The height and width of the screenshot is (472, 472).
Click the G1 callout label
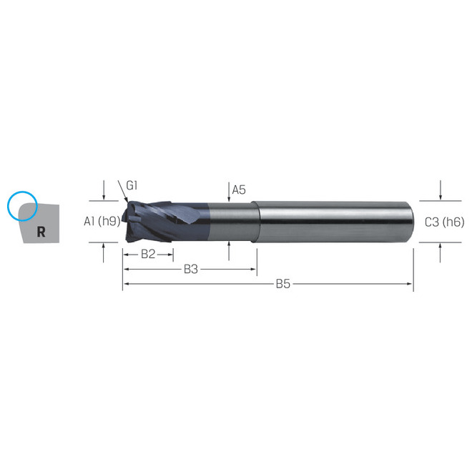(x=132, y=186)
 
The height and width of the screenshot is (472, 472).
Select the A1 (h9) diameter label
(x=99, y=222)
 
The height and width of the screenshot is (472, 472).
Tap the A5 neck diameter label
(x=239, y=190)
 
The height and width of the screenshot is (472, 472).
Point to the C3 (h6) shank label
(x=444, y=222)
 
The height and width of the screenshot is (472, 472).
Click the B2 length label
(x=148, y=253)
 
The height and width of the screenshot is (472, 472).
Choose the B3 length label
(x=190, y=269)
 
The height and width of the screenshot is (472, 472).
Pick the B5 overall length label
(x=283, y=284)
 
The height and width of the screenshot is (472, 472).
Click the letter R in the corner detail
(x=41, y=232)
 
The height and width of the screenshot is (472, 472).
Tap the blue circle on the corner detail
(x=21, y=205)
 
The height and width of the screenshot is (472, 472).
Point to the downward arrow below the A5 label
(x=228, y=199)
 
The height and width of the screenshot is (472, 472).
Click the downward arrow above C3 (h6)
(x=441, y=196)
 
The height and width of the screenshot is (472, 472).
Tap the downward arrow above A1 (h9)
(x=104, y=196)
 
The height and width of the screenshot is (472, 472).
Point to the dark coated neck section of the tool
(x=229, y=222)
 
